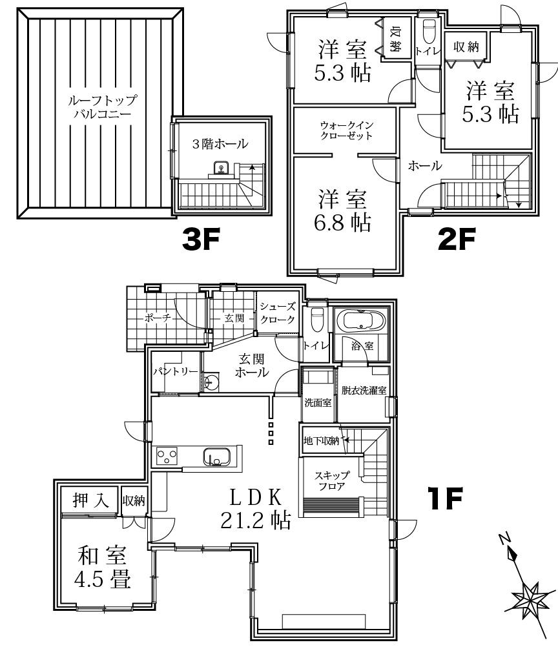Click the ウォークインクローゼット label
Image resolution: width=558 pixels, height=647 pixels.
coord(347,130)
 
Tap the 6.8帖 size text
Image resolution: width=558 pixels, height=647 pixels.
coord(343,223)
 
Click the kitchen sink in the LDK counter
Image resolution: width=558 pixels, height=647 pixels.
coord(216,457)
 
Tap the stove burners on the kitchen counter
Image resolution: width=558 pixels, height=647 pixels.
coord(167,457)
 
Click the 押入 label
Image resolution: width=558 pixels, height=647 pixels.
coord(90,500)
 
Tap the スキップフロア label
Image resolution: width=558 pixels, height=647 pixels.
coord(333,481)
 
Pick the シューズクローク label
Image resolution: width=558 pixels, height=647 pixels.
coord(278,313)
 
